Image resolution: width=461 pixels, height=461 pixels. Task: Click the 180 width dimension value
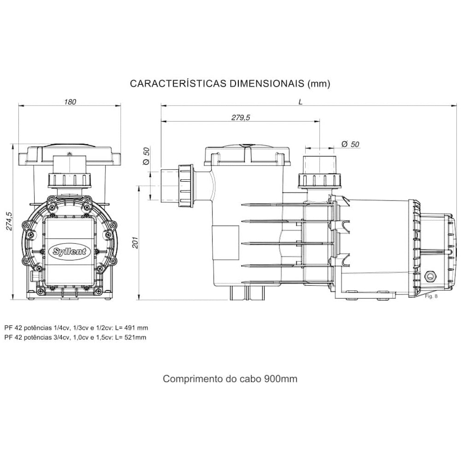(x=70, y=102)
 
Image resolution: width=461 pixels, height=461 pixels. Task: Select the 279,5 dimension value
(x=240, y=118)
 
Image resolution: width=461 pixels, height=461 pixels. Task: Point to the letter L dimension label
(x=301, y=102)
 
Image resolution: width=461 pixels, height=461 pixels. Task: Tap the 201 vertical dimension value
(x=136, y=242)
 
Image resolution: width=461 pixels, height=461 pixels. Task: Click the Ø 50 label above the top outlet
(x=350, y=144)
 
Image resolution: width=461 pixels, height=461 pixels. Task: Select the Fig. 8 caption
(x=431, y=296)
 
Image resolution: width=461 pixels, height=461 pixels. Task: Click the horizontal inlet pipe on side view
(x=171, y=186)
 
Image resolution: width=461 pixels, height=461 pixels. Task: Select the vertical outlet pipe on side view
(x=320, y=166)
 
